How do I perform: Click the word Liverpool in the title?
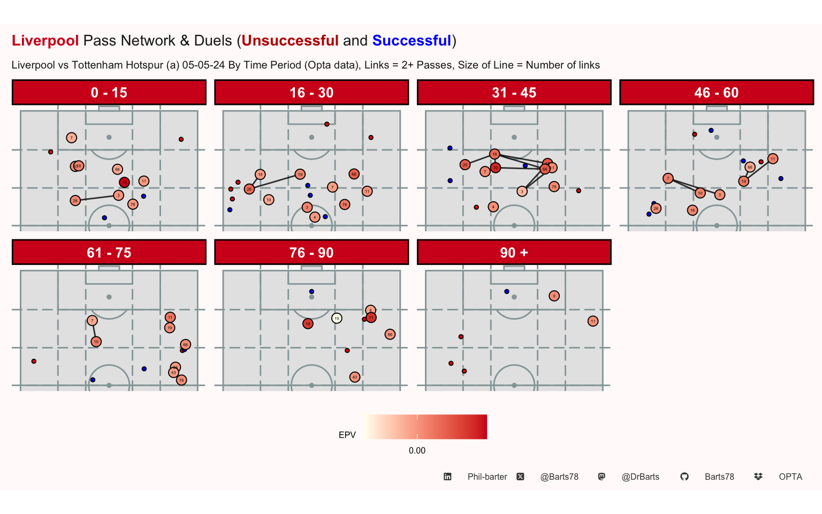tap(45, 41)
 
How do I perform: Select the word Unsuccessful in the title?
tap(290, 41)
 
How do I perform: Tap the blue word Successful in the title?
tap(412, 41)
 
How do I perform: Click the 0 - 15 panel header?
tap(109, 93)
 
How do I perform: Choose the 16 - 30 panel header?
tap(311, 93)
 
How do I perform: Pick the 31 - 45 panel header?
tap(514, 93)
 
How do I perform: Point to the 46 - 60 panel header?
tap(716, 93)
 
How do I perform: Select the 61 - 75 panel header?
tap(109, 253)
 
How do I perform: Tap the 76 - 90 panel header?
tap(311, 253)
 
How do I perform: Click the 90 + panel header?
tap(514, 253)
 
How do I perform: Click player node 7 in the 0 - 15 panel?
tap(72, 138)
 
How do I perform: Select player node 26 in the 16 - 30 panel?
tap(249, 189)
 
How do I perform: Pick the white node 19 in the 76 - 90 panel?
tap(337, 318)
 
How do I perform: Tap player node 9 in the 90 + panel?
tap(554, 296)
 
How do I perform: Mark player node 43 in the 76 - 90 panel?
tap(355, 377)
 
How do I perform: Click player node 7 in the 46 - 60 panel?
tap(668, 178)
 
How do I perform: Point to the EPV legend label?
tap(347, 435)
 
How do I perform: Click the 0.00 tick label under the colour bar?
tap(417, 450)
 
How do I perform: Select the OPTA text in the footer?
tap(790, 477)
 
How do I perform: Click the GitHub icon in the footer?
tap(684, 477)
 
